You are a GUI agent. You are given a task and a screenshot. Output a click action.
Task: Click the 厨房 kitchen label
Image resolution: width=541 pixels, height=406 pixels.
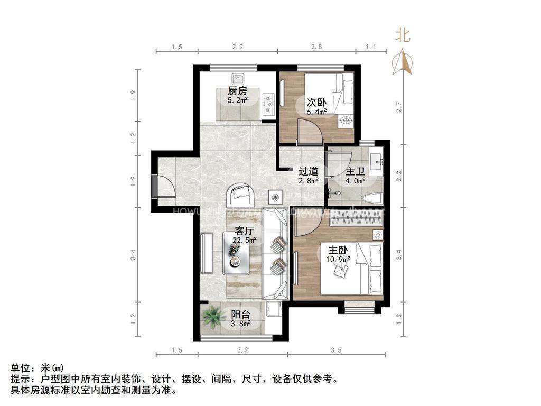pyautogui.click(x=237, y=90)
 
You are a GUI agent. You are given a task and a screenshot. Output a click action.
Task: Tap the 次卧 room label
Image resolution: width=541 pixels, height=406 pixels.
pyautogui.click(x=317, y=101)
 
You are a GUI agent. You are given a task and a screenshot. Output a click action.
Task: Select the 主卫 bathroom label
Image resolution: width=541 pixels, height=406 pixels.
pyautogui.click(x=355, y=171)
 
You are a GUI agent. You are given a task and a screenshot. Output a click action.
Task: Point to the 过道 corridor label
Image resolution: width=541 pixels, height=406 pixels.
pyautogui.click(x=308, y=171)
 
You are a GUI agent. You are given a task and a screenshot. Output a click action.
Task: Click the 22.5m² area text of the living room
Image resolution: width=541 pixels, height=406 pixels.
pyautogui.click(x=244, y=240)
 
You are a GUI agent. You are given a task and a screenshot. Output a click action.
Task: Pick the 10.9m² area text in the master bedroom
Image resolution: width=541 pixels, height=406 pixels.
pyautogui.click(x=338, y=259)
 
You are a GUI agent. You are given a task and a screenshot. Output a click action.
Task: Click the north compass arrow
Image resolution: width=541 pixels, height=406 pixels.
pyautogui.click(x=404, y=61)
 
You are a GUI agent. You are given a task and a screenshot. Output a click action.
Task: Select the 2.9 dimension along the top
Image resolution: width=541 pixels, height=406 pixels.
pyautogui.click(x=237, y=47)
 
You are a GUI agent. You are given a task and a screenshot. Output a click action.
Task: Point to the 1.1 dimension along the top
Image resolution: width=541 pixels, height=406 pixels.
pyautogui.click(x=371, y=47)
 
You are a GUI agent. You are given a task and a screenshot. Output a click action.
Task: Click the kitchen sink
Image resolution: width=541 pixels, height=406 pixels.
pyautogui.click(x=238, y=77)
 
